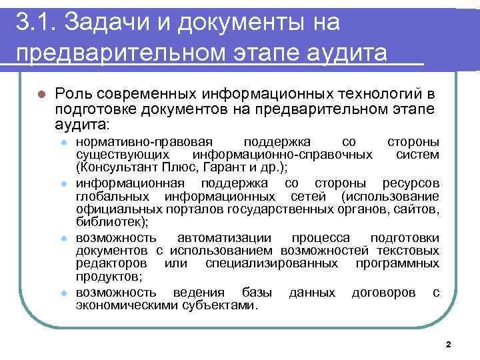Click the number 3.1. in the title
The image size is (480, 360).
(x=34, y=22)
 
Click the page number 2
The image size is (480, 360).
(x=447, y=345)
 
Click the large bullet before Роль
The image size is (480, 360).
(x=41, y=93)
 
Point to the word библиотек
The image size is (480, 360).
(x=111, y=223)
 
